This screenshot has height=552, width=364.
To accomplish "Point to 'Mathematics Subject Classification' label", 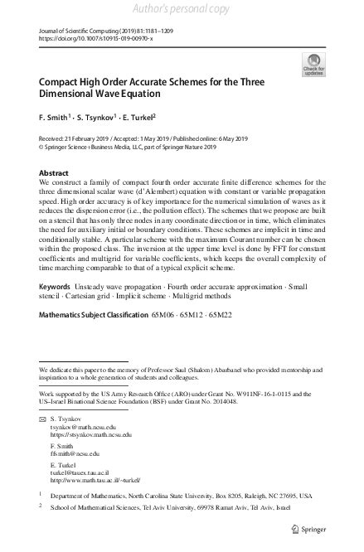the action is [92, 338].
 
